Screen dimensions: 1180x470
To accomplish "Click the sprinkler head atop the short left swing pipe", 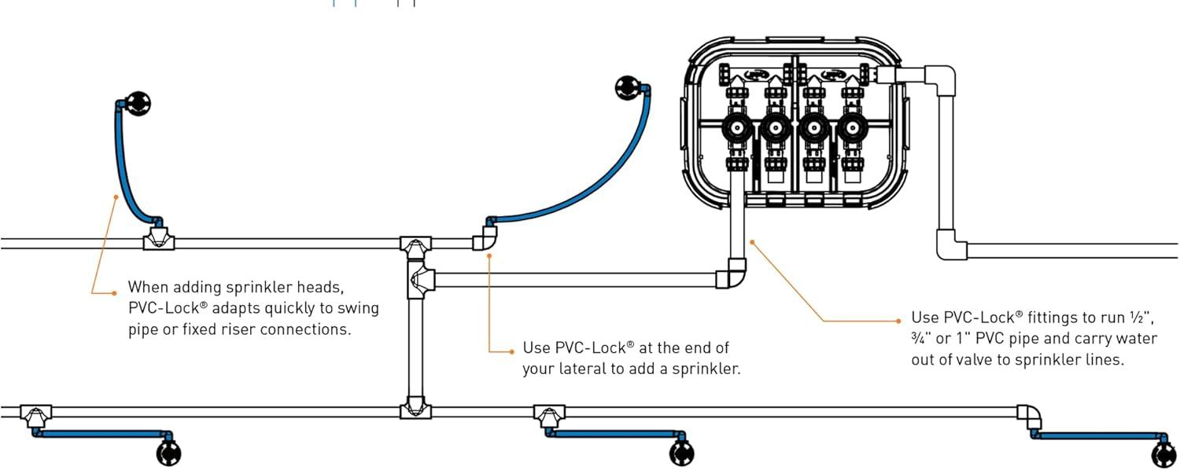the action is click(138, 104).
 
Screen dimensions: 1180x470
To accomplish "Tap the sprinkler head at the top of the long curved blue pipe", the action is click(628, 88).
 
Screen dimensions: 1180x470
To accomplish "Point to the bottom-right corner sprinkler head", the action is click(1163, 456).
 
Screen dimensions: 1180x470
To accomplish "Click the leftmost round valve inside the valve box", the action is click(736, 128).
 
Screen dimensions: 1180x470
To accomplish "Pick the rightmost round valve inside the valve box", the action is click(852, 128).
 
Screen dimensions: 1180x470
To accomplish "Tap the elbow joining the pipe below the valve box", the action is click(731, 274).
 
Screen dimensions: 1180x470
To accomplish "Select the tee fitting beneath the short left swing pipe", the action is click(159, 240).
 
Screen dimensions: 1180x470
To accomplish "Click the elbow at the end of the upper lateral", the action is click(485, 238).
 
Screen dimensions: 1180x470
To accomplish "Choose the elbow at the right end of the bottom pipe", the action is click(1029, 417).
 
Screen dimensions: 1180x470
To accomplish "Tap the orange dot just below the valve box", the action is click(752, 242).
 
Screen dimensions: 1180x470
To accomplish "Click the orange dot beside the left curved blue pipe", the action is click(116, 196).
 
